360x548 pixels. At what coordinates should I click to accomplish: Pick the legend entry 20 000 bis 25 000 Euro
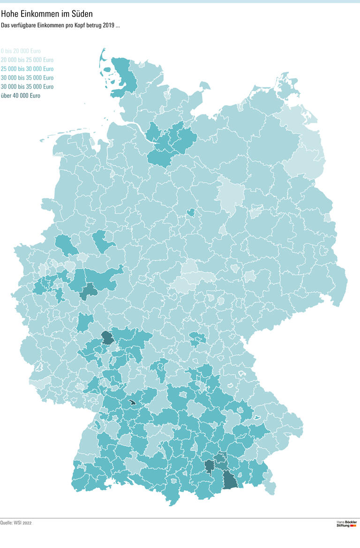pos(27,60)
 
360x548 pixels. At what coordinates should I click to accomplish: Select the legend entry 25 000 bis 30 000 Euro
pos(27,68)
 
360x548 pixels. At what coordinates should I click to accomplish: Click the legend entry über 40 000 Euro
pos(21,95)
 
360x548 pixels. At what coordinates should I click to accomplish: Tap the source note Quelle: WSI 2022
pos(16,522)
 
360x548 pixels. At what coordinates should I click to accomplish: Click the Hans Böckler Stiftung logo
pos(346,523)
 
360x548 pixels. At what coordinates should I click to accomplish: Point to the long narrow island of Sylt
pos(102,59)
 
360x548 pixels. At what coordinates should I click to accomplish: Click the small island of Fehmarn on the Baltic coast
pos(204,86)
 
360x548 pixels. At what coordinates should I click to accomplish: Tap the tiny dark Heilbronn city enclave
pos(132,402)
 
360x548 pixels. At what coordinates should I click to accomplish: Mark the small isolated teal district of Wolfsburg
pos(191,213)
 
